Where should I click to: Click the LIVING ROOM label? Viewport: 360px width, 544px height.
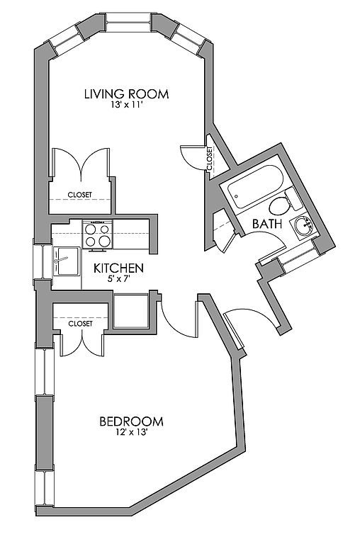(x=127, y=94)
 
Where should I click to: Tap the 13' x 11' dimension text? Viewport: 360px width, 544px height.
(x=127, y=105)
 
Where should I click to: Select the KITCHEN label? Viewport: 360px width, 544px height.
(x=119, y=268)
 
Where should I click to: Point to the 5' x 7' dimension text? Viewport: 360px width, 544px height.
(x=118, y=278)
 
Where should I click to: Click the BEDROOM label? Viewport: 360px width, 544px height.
(x=131, y=421)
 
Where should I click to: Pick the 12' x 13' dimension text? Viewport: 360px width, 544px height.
(x=132, y=432)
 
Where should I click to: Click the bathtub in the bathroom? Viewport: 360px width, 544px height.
(x=255, y=186)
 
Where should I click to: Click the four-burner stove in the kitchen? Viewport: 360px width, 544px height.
(x=98, y=234)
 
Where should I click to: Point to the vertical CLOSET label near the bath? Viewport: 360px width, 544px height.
(x=210, y=159)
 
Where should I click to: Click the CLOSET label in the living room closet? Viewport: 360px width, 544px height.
(x=80, y=195)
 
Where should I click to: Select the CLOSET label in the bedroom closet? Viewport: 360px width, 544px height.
(x=81, y=324)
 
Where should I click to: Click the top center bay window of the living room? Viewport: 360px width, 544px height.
(x=128, y=23)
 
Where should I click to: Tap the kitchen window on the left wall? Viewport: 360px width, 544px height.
(x=43, y=262)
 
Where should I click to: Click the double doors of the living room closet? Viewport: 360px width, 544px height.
(x=81, y=163)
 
